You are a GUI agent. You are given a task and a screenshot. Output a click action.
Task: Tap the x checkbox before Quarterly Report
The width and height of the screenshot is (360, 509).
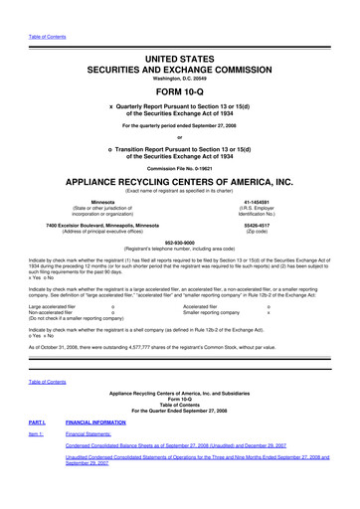(110, 102)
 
